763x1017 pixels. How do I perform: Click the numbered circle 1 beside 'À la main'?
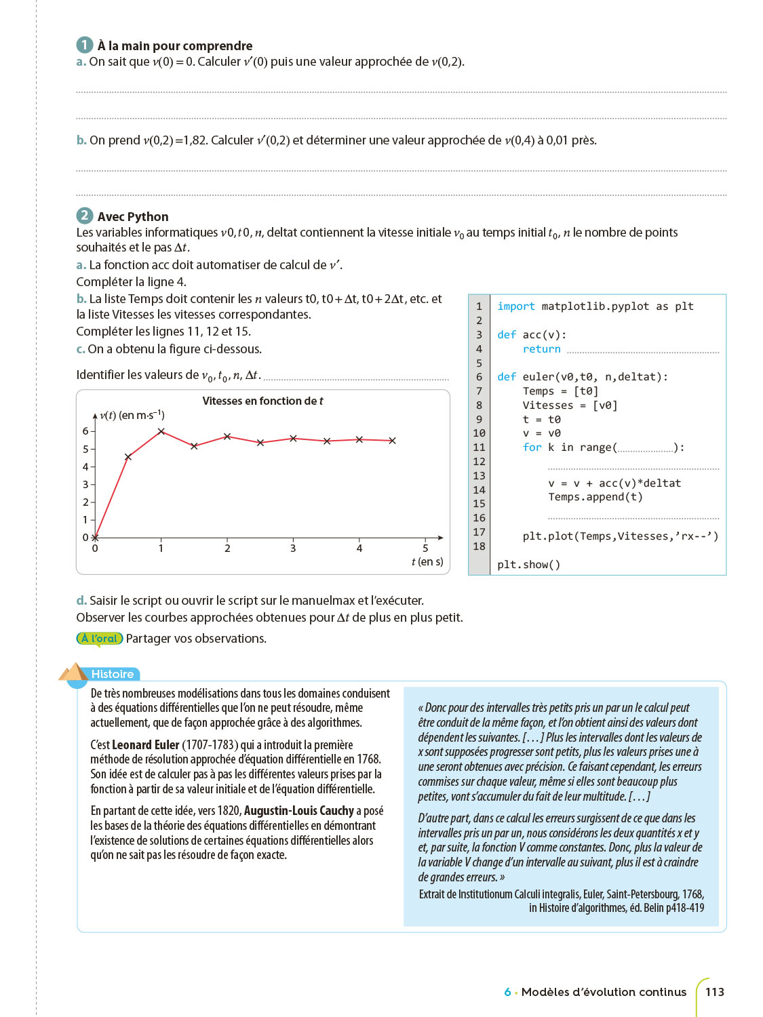(84, 45)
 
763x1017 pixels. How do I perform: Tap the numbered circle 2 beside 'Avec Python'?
(84, 216)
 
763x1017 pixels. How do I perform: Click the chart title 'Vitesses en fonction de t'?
(262, 401)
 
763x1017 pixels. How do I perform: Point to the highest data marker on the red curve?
(161, 431)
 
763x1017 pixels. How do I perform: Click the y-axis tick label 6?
(85, 431)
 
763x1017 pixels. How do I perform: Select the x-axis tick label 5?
(425, 548)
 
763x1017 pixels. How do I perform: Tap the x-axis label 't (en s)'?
(427, 561)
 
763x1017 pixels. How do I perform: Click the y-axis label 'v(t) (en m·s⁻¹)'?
(132, 415)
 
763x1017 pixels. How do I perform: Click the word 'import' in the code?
(515, 306)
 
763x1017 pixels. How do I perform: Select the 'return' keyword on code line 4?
(541, 349)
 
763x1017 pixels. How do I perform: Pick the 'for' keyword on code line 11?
(532, 447)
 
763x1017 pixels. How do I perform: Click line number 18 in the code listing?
(479, 546)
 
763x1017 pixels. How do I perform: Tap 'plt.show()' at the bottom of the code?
(528, 565)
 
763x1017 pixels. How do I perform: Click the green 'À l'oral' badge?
(100, 638)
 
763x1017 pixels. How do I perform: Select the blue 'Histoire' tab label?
(113, 674)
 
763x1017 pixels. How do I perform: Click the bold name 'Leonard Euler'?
(145, 744)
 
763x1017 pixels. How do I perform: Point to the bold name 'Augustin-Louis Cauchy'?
(298, 811)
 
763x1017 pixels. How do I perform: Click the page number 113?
(714, 992)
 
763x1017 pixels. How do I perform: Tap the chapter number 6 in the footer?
(507, 992)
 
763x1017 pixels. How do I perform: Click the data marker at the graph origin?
(95, 538)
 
